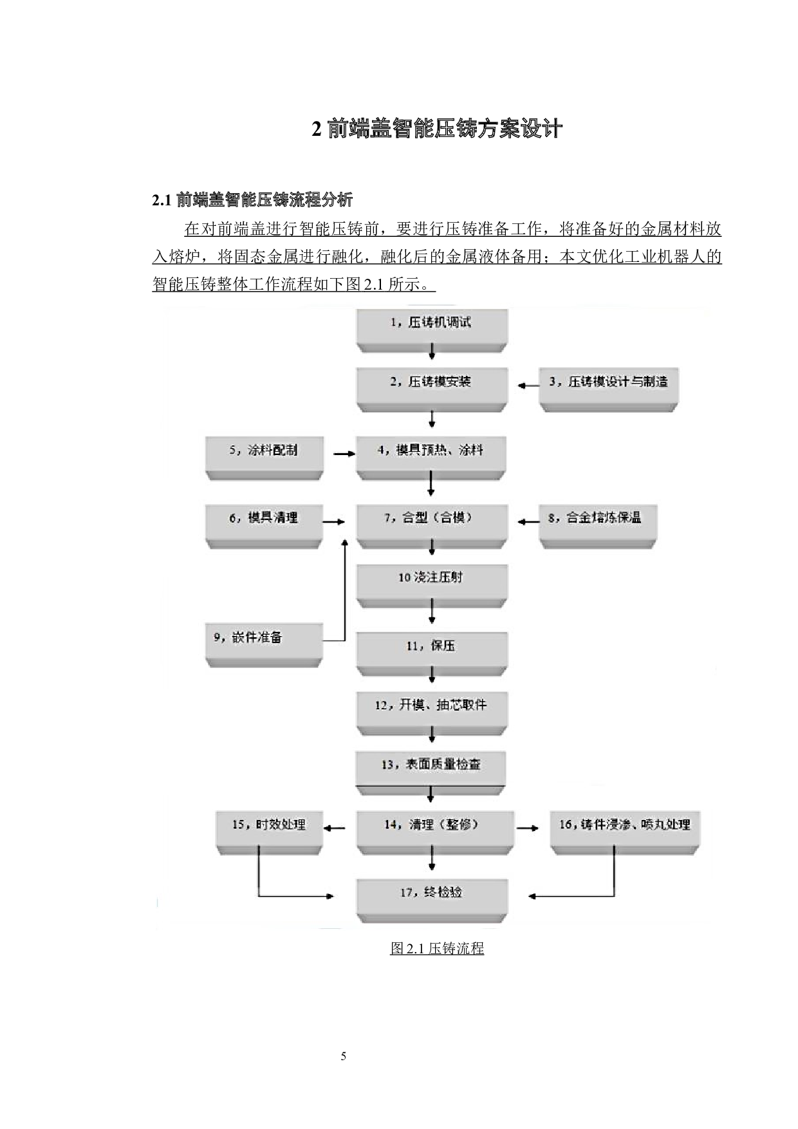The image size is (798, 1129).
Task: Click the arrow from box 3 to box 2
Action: [x=528, y=386]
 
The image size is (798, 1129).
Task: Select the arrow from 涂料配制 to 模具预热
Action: [x=344, y=454]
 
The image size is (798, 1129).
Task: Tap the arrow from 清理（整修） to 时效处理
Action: [x=334, y=828]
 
